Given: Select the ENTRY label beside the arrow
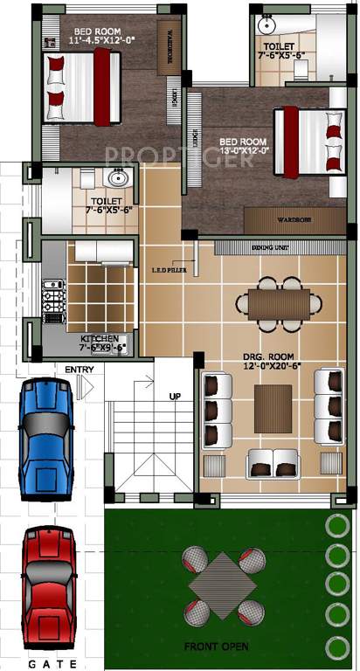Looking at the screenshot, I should pyautogui.click(x=80, y=369).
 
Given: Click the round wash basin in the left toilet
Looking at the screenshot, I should pyautogui.click(x=116, y=180).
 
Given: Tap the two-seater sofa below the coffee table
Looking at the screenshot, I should pyautogui.click(x=272, y=462).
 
